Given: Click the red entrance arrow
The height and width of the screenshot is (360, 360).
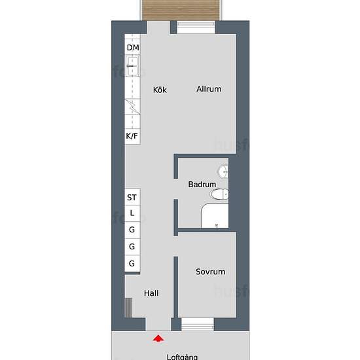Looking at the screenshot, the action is click(x=158, y=338).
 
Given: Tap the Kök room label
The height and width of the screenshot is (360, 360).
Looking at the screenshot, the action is click(x=160, y=90).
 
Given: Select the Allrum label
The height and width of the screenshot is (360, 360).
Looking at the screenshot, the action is click(x=209, y=89).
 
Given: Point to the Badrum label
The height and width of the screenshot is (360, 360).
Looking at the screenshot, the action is click(x=202, y=185).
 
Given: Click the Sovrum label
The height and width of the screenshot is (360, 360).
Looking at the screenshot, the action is click(x=210, y=272).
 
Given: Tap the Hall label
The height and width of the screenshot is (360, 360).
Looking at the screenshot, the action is click(x=151, y=293).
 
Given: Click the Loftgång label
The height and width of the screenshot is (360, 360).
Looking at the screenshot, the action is click(x=183, y=357).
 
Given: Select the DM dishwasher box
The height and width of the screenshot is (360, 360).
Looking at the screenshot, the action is click(x=132, y=47).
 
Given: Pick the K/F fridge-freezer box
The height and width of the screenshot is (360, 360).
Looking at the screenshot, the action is click(x=132, y=136).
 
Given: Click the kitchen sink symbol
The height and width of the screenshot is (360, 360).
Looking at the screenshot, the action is click(x=132, y=66).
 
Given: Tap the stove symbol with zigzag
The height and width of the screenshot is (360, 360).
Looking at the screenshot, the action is click(x=132, y=106).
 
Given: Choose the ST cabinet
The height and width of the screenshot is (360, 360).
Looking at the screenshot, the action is click(x=132, y=197).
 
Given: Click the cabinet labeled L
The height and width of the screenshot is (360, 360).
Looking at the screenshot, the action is click(x=132, y=213).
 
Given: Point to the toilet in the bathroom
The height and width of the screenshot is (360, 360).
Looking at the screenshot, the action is click(x=219, y=194).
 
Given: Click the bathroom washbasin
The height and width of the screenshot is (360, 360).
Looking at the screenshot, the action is click(x=223, y=171).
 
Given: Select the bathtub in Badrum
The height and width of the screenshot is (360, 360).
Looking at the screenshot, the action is click(x=215, y=215).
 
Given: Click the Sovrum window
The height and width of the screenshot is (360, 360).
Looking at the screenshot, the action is click(x=198, y=324).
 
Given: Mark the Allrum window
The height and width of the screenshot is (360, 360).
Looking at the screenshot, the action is click(x=196, y=27).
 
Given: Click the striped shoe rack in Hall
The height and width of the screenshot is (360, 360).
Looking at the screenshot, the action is click(x=129, y=308).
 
